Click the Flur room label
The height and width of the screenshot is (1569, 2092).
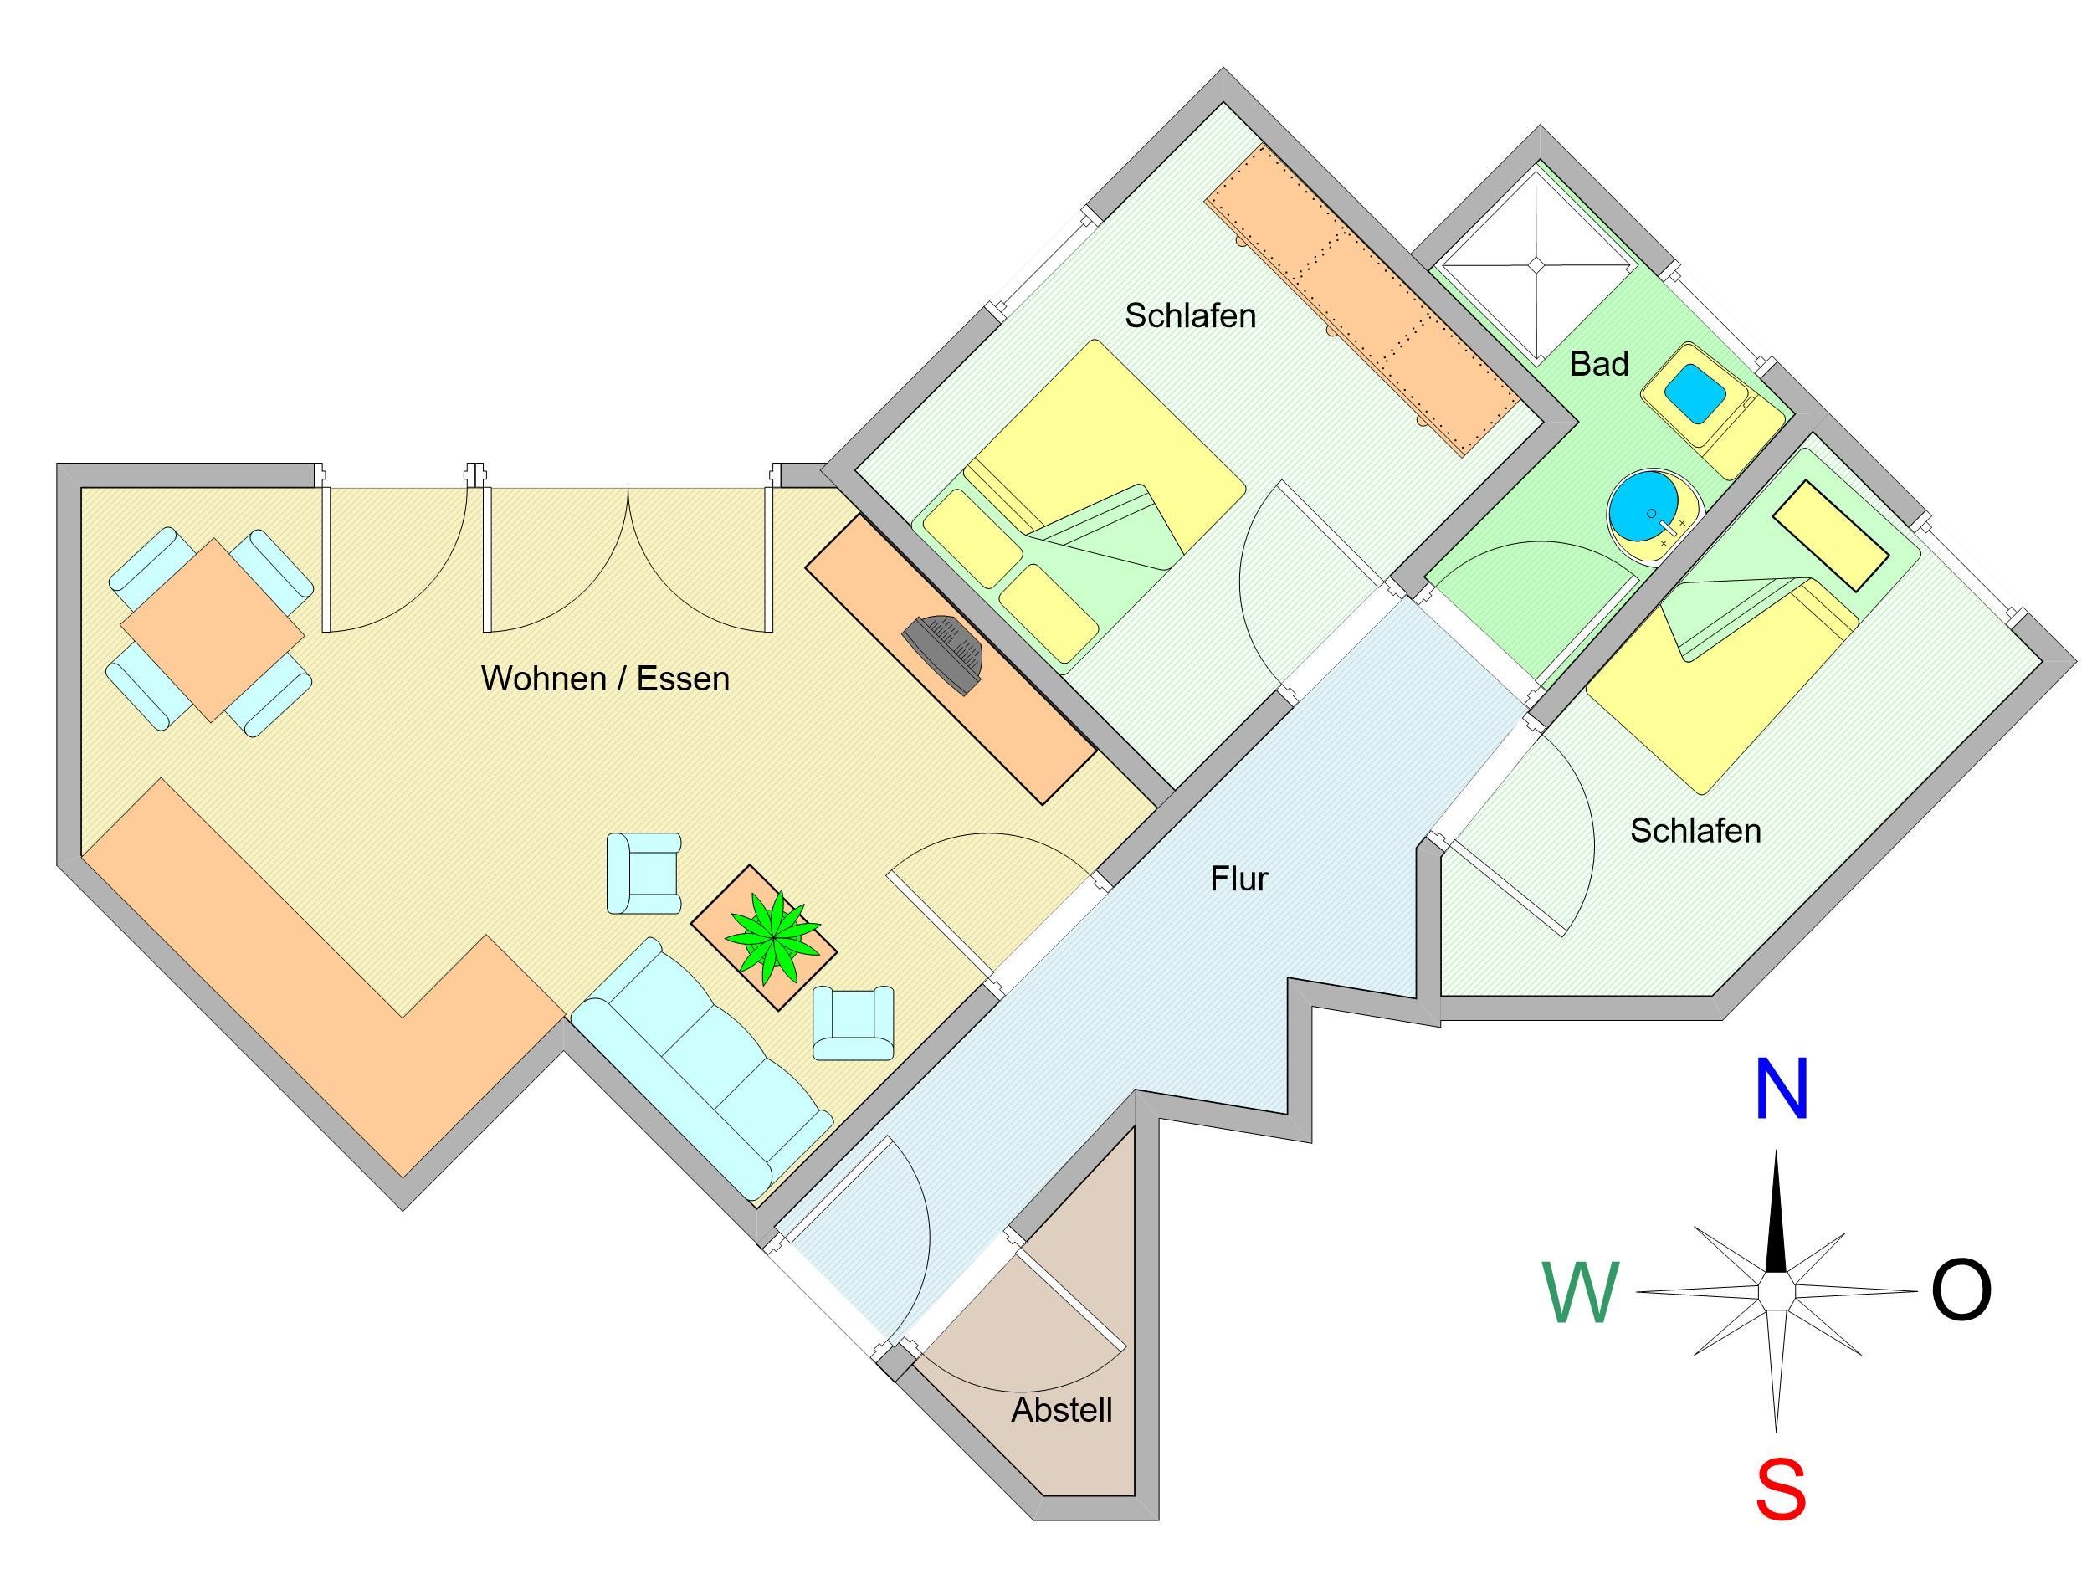point(1238,879)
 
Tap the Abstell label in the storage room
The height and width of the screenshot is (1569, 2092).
point(1061,1410)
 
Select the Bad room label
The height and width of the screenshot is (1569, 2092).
point(1598,364)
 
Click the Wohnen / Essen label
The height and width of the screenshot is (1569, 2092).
point(605,679)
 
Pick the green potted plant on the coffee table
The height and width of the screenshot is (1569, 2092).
point(772,936)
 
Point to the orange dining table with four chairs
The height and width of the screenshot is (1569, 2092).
point(212,630)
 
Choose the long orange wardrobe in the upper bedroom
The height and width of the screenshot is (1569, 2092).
point(1361,300)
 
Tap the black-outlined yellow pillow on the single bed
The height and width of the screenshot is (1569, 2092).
point(1830,536)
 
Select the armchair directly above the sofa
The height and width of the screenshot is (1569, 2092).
point(643,873)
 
